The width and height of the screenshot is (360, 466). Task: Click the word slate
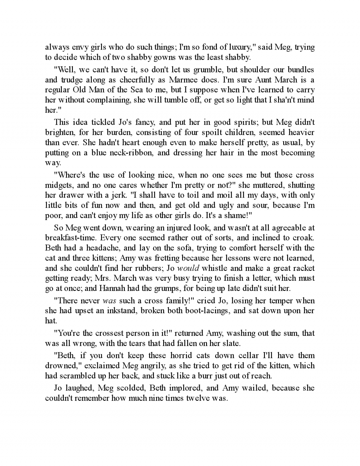tap(231, 343)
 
